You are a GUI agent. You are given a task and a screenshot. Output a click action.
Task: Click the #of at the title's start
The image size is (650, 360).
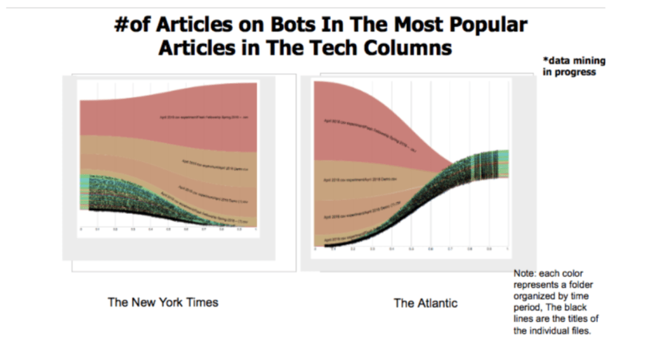[133, 25]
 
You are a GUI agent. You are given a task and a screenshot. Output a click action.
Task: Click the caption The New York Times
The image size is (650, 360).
[163, 302]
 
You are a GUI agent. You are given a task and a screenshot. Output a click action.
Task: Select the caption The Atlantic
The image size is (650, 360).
[425, 303]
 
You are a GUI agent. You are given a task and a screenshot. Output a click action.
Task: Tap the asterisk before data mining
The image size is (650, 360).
[545, 61]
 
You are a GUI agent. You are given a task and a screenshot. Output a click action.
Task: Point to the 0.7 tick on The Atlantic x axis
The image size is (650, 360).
[449, 250]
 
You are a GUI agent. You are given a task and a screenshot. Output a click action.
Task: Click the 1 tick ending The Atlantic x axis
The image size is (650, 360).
[507, 250]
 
